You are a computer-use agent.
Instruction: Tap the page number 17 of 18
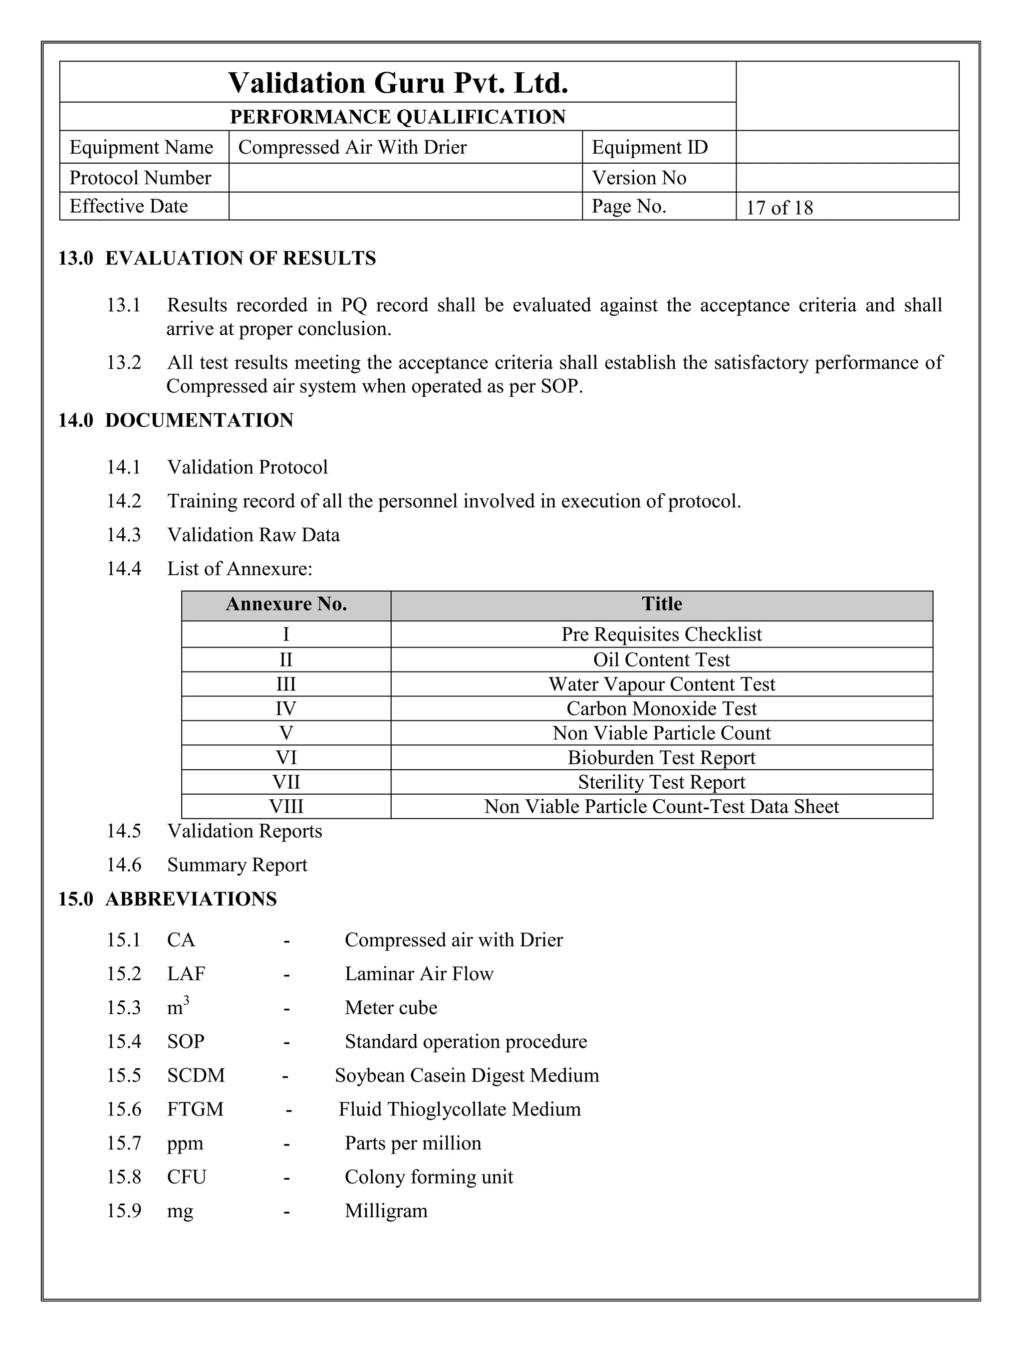click(779, 208)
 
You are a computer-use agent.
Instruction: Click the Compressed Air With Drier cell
click(352, 148)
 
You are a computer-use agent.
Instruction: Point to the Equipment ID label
click(649, 148)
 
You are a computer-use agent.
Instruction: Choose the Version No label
click(639, 178)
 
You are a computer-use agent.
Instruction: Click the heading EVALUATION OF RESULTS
click(240, 258)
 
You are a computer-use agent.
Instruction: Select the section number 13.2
click(124, 362)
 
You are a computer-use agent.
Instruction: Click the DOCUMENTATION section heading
click(199, 421)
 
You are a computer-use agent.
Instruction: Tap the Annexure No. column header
click(286, 605)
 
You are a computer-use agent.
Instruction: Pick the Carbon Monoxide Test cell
click(661, 709)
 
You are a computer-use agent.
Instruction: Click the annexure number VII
click(286, 782)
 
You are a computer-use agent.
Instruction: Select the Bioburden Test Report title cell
click(661, 758)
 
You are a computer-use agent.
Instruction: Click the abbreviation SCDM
click(196, 1076)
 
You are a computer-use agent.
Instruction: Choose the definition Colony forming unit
click(429, 1177)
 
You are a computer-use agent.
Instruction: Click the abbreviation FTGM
click(195, 1109)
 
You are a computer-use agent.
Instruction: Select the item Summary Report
click(237, 865)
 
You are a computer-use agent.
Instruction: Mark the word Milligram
click(386, 1211)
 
